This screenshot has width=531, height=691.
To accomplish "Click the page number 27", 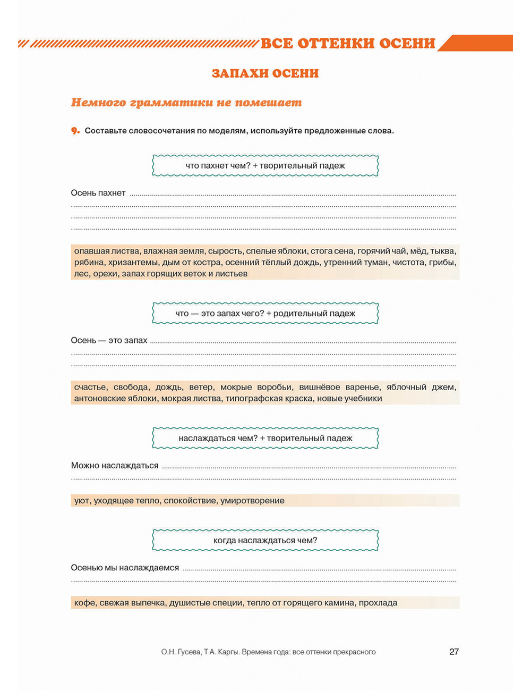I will pyautogui.click(x=454, y=652).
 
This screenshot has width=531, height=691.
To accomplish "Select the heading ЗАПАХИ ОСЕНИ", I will pyautogui.click(x=265, y=73).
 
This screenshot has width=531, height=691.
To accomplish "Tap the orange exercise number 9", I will pyautogui.click(x=75, y=131).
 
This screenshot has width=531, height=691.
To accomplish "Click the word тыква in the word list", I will pyautogui.click(x=443, y=251).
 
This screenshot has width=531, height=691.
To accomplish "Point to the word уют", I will pyautogui.click(x=82, y=501).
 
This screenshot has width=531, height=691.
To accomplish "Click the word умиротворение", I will pyautogui.click(x=252, y=501).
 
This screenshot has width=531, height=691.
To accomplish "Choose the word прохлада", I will pyautogui.click(x=378, y=603).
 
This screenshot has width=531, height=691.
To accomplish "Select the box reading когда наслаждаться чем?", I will pyautogui.click(x=265, y=541).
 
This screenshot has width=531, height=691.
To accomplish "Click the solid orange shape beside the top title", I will pyautogui.click(x=476, y=43).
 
